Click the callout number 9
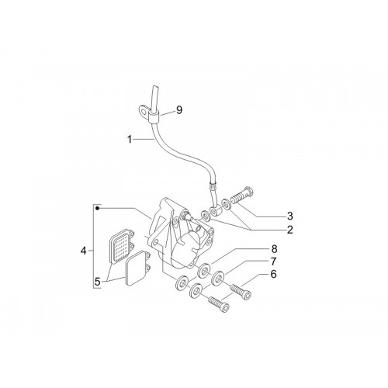point(179,110)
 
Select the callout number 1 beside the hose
point(130,140)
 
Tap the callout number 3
point(289,216)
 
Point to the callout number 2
point(289,230)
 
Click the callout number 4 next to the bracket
point(83,251)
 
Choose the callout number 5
point(97,282)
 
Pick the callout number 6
point(273,274)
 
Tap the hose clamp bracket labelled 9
point(147,113)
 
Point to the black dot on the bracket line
point(97,208)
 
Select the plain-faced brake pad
point(137,268)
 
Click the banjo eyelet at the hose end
point(213,211)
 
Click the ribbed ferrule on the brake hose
point(212,185)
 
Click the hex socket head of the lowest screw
point(225,307)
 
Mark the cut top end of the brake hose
point(154,87)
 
